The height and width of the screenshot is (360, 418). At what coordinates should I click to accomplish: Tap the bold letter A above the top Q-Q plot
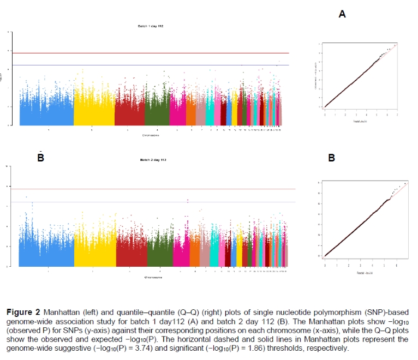pos(342,14)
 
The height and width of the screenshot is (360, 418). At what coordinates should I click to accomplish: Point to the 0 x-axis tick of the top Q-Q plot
pos(325,115)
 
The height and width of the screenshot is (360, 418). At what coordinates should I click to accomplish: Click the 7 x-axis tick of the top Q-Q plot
pos(397,115)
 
